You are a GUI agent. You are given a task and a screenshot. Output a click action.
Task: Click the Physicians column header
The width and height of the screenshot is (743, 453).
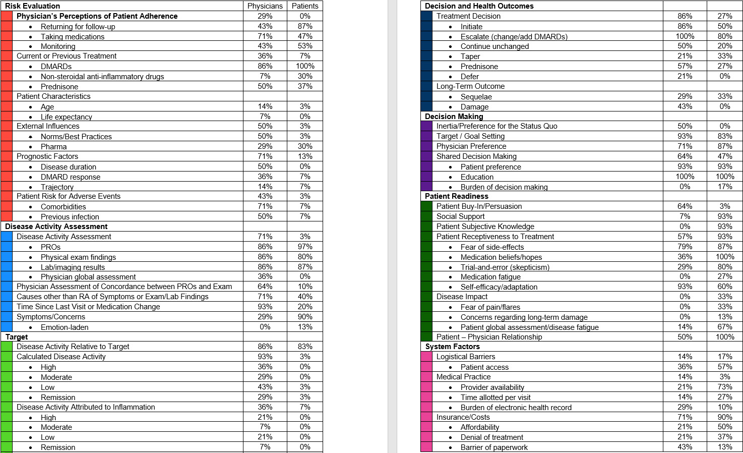[x=265, y=6]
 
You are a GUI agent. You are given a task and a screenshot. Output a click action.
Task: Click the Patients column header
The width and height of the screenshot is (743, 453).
[x=305, y=6]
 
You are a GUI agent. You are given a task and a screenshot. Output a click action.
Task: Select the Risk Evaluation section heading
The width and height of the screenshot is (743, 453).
[x=32, y=6]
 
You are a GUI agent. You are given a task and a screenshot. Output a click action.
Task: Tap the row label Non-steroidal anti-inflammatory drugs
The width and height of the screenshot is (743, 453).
[x=102, y=77]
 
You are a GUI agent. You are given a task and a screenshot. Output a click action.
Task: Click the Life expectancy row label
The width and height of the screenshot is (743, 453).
[x=67, y=117]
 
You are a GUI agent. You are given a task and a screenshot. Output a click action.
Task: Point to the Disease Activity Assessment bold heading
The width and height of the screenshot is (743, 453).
[x=56, y=227]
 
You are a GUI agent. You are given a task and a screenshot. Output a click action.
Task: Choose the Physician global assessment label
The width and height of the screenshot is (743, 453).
[x=88, y=277]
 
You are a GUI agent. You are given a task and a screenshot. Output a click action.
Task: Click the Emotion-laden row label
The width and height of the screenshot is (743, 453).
[x=65, y=327]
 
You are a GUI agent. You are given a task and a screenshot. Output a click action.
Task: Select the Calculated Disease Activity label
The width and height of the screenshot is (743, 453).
[x=61, y=357]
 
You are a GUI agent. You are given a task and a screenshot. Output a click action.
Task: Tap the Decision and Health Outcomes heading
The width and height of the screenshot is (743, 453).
[x=479, y=6]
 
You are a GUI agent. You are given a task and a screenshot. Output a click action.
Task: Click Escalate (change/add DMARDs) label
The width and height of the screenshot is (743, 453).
[x=514, y=37]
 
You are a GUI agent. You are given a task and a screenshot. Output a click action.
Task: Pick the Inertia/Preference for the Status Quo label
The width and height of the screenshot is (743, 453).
[x=497, y=126]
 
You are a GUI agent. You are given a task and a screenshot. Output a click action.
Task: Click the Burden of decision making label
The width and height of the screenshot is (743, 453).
[x=504, y=187]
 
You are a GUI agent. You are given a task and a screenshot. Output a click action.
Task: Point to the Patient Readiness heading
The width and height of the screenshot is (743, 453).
[x=456, y=196]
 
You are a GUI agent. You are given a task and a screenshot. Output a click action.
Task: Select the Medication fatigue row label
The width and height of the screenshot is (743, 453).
[x=490, y=277]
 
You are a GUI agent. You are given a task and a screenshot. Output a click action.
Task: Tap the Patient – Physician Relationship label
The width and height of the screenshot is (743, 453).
[x=489, y=337]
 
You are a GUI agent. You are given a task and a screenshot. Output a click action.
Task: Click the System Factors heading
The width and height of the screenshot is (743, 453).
[x=452, y=347]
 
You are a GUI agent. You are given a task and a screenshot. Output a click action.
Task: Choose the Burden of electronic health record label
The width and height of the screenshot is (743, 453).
[x=516, y=408]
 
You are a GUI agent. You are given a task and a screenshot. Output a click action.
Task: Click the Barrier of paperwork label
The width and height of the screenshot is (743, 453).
[x=494, y=447]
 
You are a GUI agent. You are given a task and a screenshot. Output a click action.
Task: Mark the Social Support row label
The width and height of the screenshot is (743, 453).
[x=460, y=216]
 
